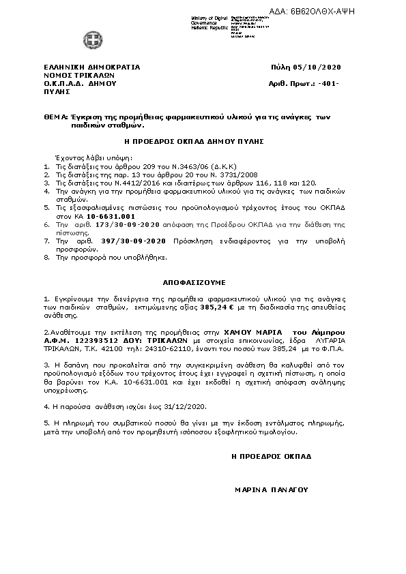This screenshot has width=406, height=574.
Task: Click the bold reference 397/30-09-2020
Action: pyautogui.click(x=121, y=241)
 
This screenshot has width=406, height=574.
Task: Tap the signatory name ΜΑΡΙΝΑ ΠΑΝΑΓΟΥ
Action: pyautogui.click(x=272, y=489)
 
